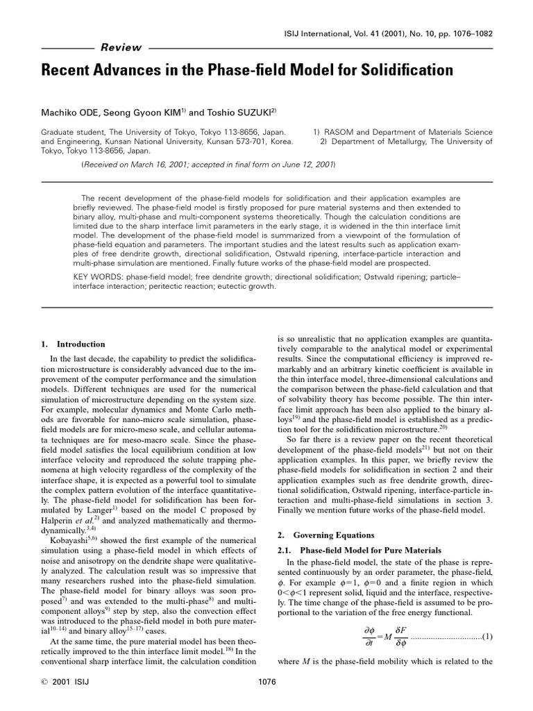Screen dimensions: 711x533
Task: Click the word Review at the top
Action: (121, 48)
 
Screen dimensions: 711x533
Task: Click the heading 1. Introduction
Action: (73, 344)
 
